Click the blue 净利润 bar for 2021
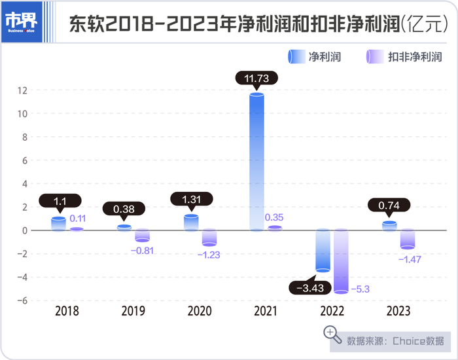tap(256, 162)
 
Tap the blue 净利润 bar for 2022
tap(323, 250)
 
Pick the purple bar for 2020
tap(209, 237)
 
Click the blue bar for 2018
tap(59, 224)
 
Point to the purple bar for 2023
tap(408, 239)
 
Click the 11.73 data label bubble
tap(256, 78)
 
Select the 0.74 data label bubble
tap(389, 205)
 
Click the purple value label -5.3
tap(361, 289)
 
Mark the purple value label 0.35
tap(273, 217)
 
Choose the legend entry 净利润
tap(314, 57)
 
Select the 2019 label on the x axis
tap(133, 312)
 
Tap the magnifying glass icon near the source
tap(333, 334)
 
